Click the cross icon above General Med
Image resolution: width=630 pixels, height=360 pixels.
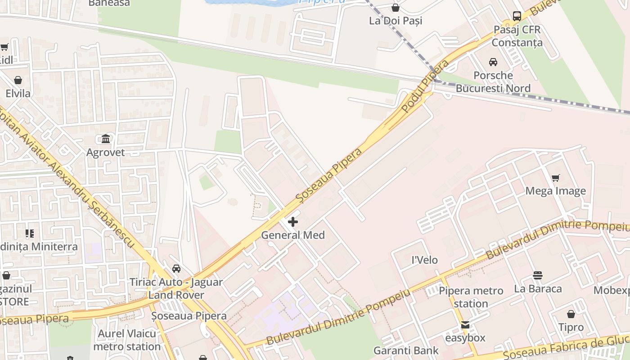(x=293, y=221)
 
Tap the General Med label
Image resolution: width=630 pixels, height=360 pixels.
(x=293, y=235)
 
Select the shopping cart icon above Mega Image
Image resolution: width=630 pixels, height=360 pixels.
(x=556, y=178)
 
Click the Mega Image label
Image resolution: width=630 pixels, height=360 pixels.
(x=556, y=191)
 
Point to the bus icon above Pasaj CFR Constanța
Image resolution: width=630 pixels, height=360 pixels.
(x=517, y=16)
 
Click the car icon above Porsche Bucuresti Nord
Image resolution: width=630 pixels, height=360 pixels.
(x=493, y=62)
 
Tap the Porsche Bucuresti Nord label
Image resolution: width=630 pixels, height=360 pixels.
(x=493, y=81)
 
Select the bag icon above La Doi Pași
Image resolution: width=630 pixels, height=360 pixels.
(x=396, y=8)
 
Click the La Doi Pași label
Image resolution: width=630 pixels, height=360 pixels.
(x=396, y=21)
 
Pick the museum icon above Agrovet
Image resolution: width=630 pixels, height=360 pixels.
(x=106, y=139)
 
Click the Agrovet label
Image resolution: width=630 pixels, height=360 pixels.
(x=106, y=152)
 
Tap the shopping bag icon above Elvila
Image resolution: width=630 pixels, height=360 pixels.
(x=18, y=80)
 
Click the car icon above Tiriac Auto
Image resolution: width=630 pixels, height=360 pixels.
(x=176, y=269)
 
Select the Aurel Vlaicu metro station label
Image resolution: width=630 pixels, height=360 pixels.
(x=127, y=340)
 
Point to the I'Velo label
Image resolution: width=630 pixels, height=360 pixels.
(x=425, y=260)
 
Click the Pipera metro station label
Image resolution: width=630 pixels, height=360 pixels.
(x=471, y=297)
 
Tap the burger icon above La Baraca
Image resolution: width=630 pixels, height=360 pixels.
(x=538, y=275)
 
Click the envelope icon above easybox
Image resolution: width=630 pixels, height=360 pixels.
(x=465, y=324)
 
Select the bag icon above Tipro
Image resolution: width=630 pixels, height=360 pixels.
(x=571, y=314)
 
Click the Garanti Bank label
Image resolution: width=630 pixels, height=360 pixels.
(x=406, y=351)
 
